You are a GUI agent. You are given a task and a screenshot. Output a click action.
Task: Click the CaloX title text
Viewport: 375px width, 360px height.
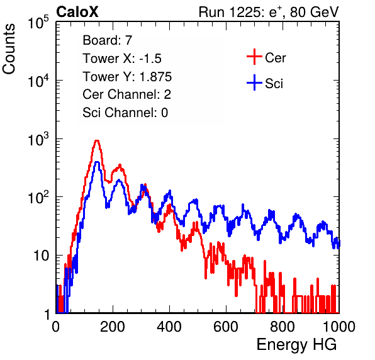[x=77, y=12]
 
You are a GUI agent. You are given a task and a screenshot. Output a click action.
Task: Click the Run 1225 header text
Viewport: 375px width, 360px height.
[x=269, y=12]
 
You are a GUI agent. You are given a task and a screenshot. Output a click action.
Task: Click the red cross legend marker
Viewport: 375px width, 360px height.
[x=254, y=57]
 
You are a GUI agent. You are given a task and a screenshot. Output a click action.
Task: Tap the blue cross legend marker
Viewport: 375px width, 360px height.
[x=254, y=82]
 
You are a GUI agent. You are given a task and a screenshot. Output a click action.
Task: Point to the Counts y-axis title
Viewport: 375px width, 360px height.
[x=9, y=49]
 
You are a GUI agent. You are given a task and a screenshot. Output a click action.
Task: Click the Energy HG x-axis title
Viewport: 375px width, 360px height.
[x=296, y=345]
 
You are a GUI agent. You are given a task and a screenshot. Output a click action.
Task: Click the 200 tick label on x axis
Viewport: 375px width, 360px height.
[x=113, y=327]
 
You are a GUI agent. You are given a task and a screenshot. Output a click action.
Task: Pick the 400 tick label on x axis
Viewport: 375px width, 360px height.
[x=169, y=327]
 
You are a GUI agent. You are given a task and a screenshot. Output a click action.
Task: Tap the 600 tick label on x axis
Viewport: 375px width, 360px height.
[x=226, y=327]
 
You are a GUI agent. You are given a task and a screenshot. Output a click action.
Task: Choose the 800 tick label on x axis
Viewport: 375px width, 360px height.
[x=283, y=327]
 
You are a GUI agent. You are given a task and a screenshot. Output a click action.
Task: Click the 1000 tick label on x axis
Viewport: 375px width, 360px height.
[x=339, y=327]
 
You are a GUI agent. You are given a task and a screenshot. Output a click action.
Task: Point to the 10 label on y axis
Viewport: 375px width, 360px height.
[x=42, y=256]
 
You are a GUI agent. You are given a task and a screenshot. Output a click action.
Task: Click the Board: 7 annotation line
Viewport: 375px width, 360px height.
[x=107, y=40]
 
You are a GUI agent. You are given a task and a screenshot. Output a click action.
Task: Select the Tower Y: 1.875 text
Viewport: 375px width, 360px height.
[x=127, y=77]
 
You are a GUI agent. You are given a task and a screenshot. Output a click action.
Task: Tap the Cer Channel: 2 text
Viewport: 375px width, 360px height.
[x=126, y=94]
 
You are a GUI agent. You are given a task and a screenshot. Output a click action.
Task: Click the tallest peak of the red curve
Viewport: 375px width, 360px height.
[x=97, y=140]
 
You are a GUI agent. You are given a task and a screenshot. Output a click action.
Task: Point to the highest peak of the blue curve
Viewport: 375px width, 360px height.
[x=97, y=162]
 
